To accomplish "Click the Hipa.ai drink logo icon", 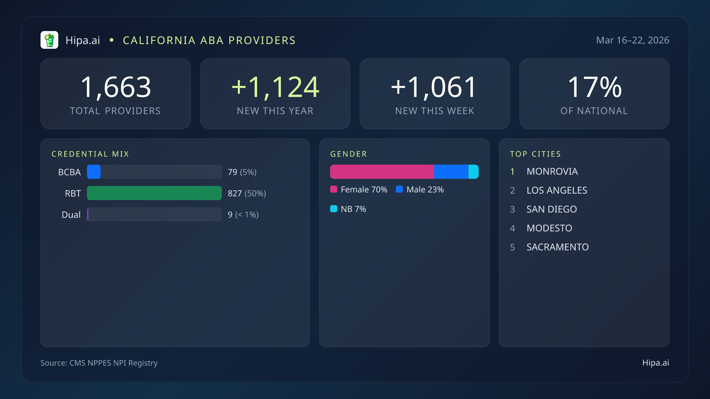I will tap(49, 40).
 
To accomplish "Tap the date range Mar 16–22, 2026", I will tap(632, 40).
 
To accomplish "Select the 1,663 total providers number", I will tap(116, 87).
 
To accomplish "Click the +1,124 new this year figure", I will tap(275, 87).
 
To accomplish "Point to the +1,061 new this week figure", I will tap(434, 87).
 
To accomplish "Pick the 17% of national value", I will tap(595, 87).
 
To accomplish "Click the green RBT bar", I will tap(154, 193).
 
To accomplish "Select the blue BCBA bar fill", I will tap(94, 172).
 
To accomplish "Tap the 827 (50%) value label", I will tap(247, 193).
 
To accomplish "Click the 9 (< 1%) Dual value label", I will tap(243, 215).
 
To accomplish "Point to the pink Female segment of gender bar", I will tap(382, 172).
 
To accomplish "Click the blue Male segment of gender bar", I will tap(451, 172).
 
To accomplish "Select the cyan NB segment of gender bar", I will tap(473, 172).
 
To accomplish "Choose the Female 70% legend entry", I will tap(359, 189).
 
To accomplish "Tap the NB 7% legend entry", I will tap(348, 209).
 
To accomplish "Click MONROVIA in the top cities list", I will tap(552, 171).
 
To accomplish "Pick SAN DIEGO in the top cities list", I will tap(551, 209).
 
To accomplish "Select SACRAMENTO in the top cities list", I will tap(557, 247).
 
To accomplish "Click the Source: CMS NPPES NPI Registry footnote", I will tap(99, 363).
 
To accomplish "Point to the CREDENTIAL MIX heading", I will tap(90, 154).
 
